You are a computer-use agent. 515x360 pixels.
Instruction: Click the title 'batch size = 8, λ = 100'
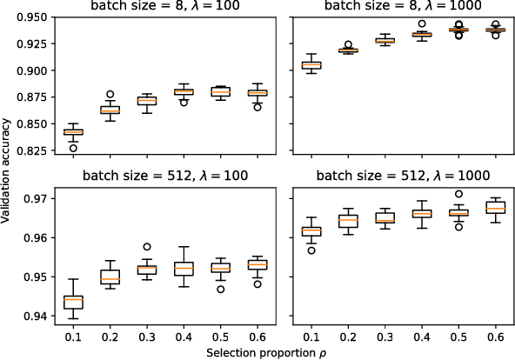pos(164,8)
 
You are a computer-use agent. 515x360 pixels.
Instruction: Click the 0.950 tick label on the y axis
pos(33,17)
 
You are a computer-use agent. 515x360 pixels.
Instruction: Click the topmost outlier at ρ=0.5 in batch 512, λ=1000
pos(458,194)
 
